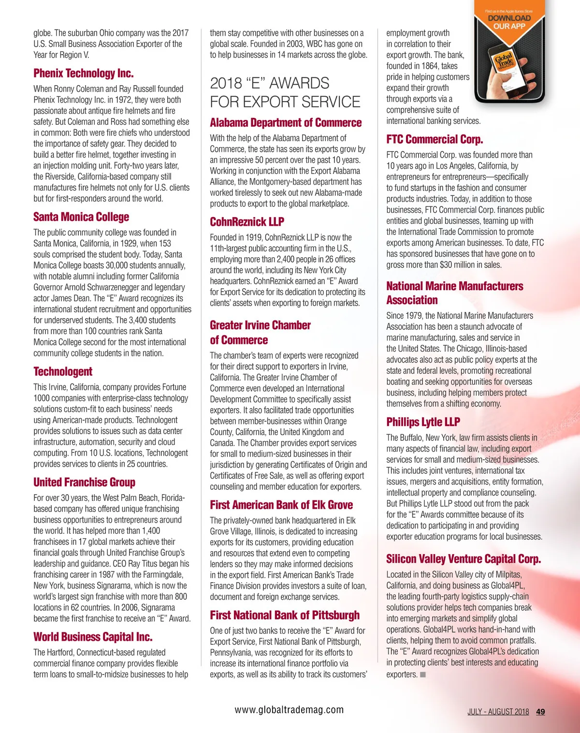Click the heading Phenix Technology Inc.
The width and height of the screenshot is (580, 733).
pos(83,73)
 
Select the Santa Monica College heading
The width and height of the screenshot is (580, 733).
pos(81,217)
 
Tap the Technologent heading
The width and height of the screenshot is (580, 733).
pos(63,372)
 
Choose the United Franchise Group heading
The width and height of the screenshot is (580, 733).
pos(84,483)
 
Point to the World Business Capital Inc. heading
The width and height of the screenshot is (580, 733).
pos(93,637)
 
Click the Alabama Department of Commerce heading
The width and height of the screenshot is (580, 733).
pos(286,123)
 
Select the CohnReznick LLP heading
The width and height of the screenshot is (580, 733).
pos(247,222)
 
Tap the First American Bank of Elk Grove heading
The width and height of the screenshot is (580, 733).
pos(281,505)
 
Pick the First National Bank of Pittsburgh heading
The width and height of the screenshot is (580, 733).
pos(285,616)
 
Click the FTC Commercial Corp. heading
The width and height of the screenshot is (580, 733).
pos(435,140)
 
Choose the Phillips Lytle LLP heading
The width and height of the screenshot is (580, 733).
pos(423,422)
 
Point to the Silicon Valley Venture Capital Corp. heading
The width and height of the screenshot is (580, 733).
pos(464,559)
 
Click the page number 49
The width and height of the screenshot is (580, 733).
pos(540,712)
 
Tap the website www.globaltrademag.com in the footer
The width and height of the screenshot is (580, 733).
pos(289,710)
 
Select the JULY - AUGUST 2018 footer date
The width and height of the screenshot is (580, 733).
pos(498,712)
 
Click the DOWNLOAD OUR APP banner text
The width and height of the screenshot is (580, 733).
pos(509,22)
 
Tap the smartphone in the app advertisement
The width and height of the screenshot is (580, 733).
pos(507,65)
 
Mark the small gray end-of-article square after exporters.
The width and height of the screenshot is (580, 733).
pos(423,674)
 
